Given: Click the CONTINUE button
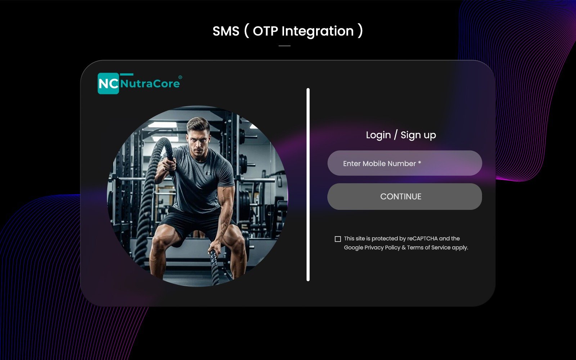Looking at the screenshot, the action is (405, 197).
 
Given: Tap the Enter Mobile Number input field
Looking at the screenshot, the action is (405, 163).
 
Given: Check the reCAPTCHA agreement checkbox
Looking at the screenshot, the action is (338, 239).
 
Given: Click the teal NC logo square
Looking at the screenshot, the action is (108, 84).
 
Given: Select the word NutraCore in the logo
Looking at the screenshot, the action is (150, 84).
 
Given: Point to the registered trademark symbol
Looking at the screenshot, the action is (180, 77).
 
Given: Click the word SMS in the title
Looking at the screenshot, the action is (226, 31).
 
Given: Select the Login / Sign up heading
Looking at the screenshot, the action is (401, 135).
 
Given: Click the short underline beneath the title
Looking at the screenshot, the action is (284, 46).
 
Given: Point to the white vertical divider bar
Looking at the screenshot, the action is (308, 185).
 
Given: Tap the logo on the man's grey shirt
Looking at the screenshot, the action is (209, 173).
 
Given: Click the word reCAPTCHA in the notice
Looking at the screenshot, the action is (422, 239).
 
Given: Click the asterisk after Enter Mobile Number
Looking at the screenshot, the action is (419, 163).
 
